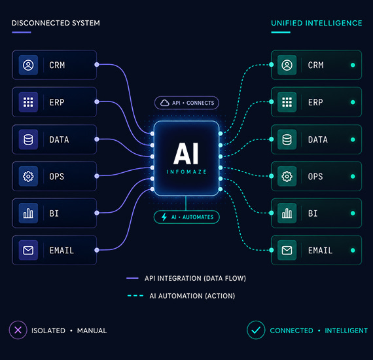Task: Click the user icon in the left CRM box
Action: (x=28, y=65)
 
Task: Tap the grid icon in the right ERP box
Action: (x=287, y=102)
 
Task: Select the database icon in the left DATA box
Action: (x=28, y=139)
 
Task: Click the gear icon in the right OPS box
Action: (x=287, y=176)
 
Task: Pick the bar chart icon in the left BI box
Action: (x=28, y=213)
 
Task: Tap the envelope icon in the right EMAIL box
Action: (x=287, y=250)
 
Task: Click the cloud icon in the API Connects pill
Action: (x=165, y=103)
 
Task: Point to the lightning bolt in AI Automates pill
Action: (x=164, y=217)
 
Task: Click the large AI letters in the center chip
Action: (x=186, y=154)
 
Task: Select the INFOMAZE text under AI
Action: (x=186, y=171)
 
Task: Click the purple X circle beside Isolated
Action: (x=18, y=330)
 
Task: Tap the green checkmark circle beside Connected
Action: (x=256, y=330)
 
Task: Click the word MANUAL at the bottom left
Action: (x=92, y=331)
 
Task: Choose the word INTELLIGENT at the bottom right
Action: (x=346, y=331)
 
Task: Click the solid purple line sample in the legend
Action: (x=132, y=278)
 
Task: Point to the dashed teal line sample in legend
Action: (x=135, y=296)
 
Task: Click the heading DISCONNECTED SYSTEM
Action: (x=56, y=23)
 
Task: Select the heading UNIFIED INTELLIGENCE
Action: (x=317, y=23)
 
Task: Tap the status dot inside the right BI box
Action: (x=353, y=213)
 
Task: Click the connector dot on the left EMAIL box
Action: (x=97, y=250)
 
